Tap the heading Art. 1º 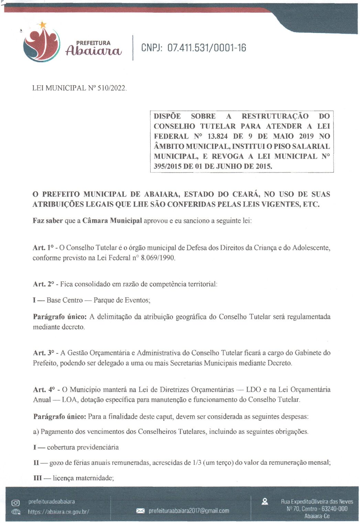43,248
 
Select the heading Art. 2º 43,284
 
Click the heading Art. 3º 44,353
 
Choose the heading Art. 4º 44,390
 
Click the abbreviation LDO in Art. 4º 253,390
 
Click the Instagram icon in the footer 15,503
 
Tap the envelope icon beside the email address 140,511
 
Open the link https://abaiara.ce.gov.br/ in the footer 58,512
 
